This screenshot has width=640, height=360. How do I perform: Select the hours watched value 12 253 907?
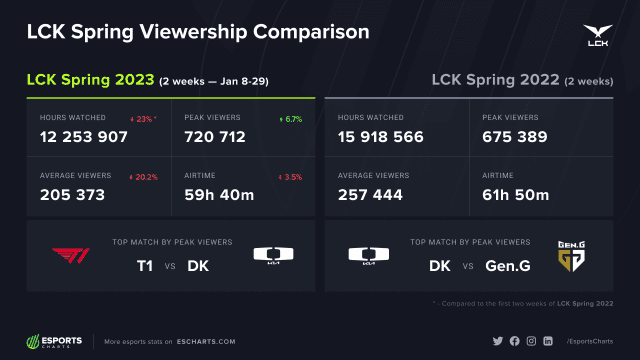[84, 137]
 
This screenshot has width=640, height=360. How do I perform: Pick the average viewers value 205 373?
[72, 195]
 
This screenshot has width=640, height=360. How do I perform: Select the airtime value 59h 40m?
[218, 195]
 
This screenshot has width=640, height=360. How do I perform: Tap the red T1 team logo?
[70, 254]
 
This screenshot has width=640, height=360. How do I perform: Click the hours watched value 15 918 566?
[381, 137]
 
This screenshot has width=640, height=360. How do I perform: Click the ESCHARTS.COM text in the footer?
[205, 342]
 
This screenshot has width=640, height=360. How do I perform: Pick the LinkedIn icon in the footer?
[549, 342]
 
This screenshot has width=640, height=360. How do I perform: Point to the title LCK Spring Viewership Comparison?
[198, 32]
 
